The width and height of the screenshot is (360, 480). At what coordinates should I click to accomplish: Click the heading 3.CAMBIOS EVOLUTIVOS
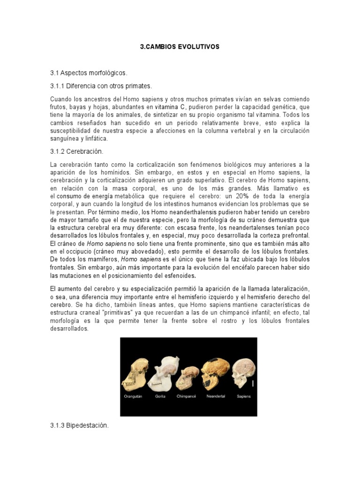pos(180,47)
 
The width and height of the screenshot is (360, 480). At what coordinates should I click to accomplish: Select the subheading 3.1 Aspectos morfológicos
pos(89,74)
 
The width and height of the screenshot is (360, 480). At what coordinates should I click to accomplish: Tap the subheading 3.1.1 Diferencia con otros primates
pos(101,86)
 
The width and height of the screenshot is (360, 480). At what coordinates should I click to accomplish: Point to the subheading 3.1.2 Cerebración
pos(76,152)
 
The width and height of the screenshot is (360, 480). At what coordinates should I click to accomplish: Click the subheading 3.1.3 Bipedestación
pos(79,426)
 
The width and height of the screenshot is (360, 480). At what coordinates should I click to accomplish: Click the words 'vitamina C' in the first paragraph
pos(171,106)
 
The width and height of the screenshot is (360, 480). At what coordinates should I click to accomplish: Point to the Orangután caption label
pos(133,396)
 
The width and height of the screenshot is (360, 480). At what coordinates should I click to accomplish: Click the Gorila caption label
pos(160,396)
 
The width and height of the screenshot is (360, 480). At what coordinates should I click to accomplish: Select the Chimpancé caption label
pos(186,396)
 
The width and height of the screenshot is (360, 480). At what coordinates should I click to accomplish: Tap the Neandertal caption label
pos(216,396)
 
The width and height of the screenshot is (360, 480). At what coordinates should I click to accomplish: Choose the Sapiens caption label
pos(244,396)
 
